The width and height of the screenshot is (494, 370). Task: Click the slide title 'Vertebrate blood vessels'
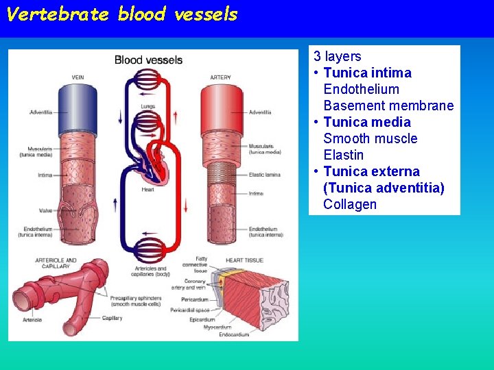coord(121,14)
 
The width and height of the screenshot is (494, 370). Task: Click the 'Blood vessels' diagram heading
coord(148,60)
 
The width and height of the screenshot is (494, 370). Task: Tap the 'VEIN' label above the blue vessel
coord(78,77)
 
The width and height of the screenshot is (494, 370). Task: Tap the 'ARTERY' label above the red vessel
coord(220,77)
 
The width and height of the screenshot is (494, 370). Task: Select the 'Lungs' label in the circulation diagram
coord(148,106)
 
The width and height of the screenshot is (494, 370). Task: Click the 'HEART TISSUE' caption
coord(246,260)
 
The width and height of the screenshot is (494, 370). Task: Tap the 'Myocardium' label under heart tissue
coord(217,327)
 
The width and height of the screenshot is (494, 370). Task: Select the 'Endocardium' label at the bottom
coord(234,334)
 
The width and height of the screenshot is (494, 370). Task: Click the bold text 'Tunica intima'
coord(367,73)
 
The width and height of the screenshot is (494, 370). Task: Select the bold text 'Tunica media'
coord(367,122)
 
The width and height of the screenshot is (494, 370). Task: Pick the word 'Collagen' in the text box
coord(350,204)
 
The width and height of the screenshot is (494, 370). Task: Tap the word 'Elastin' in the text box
coord(343,155)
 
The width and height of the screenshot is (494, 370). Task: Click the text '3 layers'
coord(338,56)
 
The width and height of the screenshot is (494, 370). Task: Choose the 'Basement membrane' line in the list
coord(388,106)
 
